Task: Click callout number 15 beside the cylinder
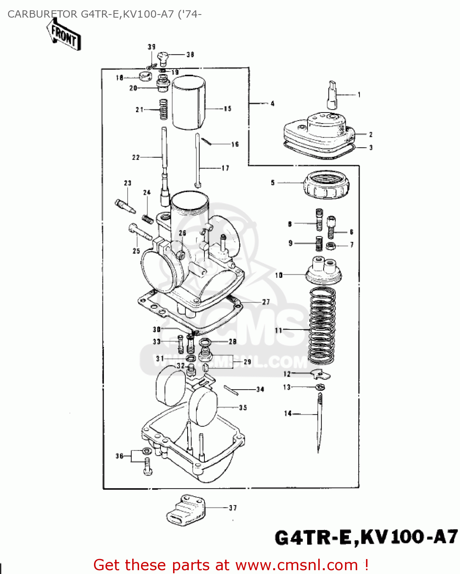click(228, 109)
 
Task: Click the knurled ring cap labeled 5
click(326, 184)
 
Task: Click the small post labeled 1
click(332, 95)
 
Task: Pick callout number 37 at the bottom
click(233, 508)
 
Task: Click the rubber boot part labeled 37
click(186, 509)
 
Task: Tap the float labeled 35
click(202, 408)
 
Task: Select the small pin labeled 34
click(231, 390)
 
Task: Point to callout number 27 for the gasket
click(266, 302)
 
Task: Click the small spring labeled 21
click(163, 109)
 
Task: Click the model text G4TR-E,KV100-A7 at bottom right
click(366, 537)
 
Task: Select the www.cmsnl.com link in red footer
click(296, 565)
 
